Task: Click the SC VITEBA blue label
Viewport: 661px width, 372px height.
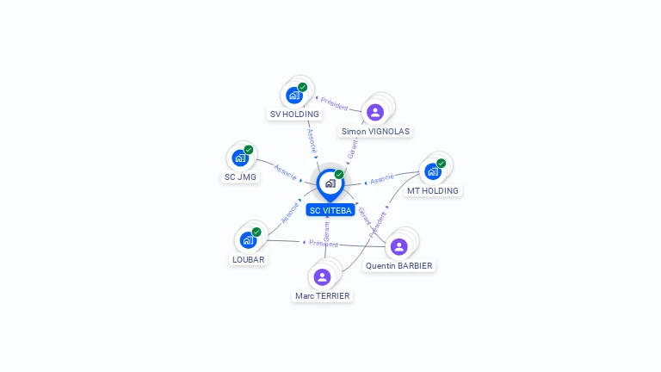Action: pyautogui.click(x=330, y=210)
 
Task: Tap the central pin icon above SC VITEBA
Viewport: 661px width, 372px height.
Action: pyautogui.click(x=330, y=183)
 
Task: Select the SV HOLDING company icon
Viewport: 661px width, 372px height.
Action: pyautogui.click(x=294, y=95)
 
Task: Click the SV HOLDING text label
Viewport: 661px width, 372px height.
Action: pyautogui.click(x=294, y=114)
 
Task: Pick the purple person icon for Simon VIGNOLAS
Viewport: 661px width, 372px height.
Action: pyautogui.click(x=374, y=112)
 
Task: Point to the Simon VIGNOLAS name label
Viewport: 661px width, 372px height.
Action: pyautogui.click(x=375, y=132)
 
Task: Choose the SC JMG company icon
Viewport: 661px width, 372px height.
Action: pyautogui.click(x=240, y=158)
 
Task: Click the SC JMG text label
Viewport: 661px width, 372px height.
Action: pyautogui.click(x=241, y=177)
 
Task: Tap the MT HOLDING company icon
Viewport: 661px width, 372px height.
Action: pyautogui.click(x=433, y=170)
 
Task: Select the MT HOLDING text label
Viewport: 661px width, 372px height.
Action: pyautogui.click(x=433, y=190)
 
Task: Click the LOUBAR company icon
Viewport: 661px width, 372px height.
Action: pyautogui.click(x=248, y=239)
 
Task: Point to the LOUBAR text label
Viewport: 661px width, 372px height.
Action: pyautogui.click(x=249, y=259)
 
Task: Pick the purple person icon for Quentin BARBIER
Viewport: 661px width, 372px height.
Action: pyautogui.click(x=398, y=246)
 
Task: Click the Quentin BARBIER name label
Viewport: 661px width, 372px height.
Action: pyautogui.click(x=398, y=266)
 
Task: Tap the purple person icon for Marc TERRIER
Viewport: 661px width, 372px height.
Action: pyautogui.click(x=322, y=276)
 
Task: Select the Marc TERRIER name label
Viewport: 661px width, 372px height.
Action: pyautogui.click(x=323, y=296)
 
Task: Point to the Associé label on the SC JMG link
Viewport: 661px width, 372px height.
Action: pyautogui.click(x=286, y=170)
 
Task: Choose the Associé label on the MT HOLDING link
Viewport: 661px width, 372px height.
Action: pyautogui.click(x=382, y=180)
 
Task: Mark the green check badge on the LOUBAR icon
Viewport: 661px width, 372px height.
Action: pyautogui.click(x=256, y=232)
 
